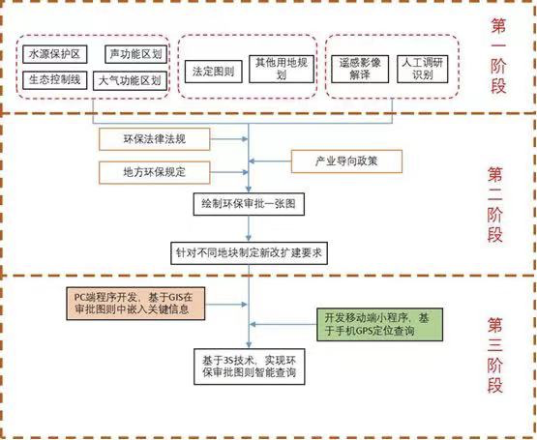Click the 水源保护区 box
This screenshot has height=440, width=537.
coord(55,54)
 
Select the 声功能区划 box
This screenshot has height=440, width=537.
coord(136,54)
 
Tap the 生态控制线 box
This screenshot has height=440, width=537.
coord(55,80)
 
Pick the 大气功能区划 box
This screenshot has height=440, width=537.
coord(130,81)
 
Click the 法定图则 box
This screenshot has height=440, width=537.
coord(214,72)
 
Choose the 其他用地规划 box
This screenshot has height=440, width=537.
coord(282,69)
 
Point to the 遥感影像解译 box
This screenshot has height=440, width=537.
coord(360,69)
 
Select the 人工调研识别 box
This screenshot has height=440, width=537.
coord(422,69)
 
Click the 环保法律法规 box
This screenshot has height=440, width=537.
coord(155,139)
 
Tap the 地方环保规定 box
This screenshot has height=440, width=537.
coord(155,172)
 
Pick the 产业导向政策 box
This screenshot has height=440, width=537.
coord(346,161)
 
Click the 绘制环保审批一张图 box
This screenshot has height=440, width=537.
coord(249,204)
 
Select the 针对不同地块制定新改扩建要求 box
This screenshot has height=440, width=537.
coord(249,253)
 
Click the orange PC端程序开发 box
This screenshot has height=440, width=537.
coord(135,304)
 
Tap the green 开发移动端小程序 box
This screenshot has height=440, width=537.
coord(380,324)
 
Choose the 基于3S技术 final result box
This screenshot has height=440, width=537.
coord(250,367)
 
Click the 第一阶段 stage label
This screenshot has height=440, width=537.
coord(498,56)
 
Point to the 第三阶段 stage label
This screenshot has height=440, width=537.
coord(495,355)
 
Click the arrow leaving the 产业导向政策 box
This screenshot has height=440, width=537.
coord(270,161)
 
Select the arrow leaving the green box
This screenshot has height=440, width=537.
coord(283,324)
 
